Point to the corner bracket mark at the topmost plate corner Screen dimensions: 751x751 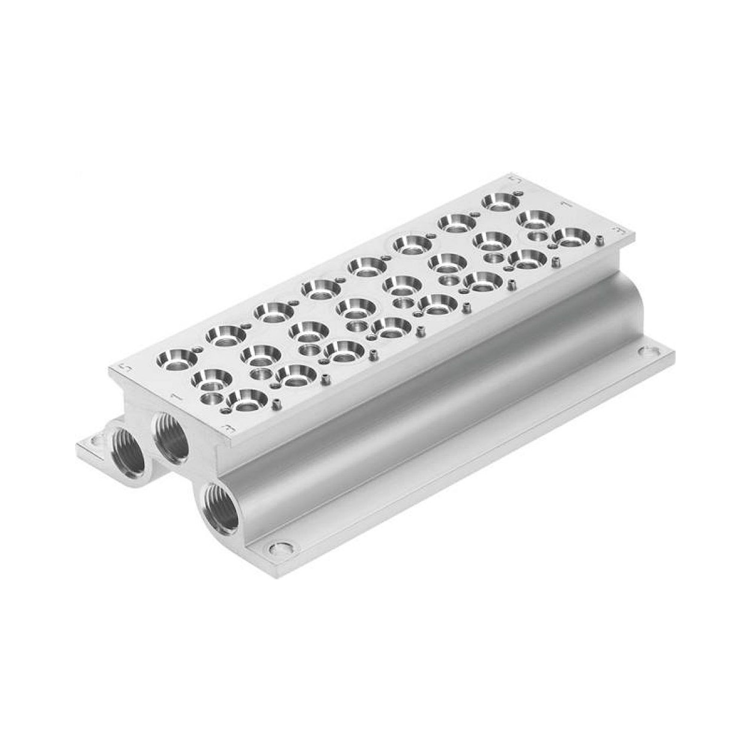(x=514, y=178)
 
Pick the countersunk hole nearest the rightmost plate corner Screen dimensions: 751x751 (x=572, y=237)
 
